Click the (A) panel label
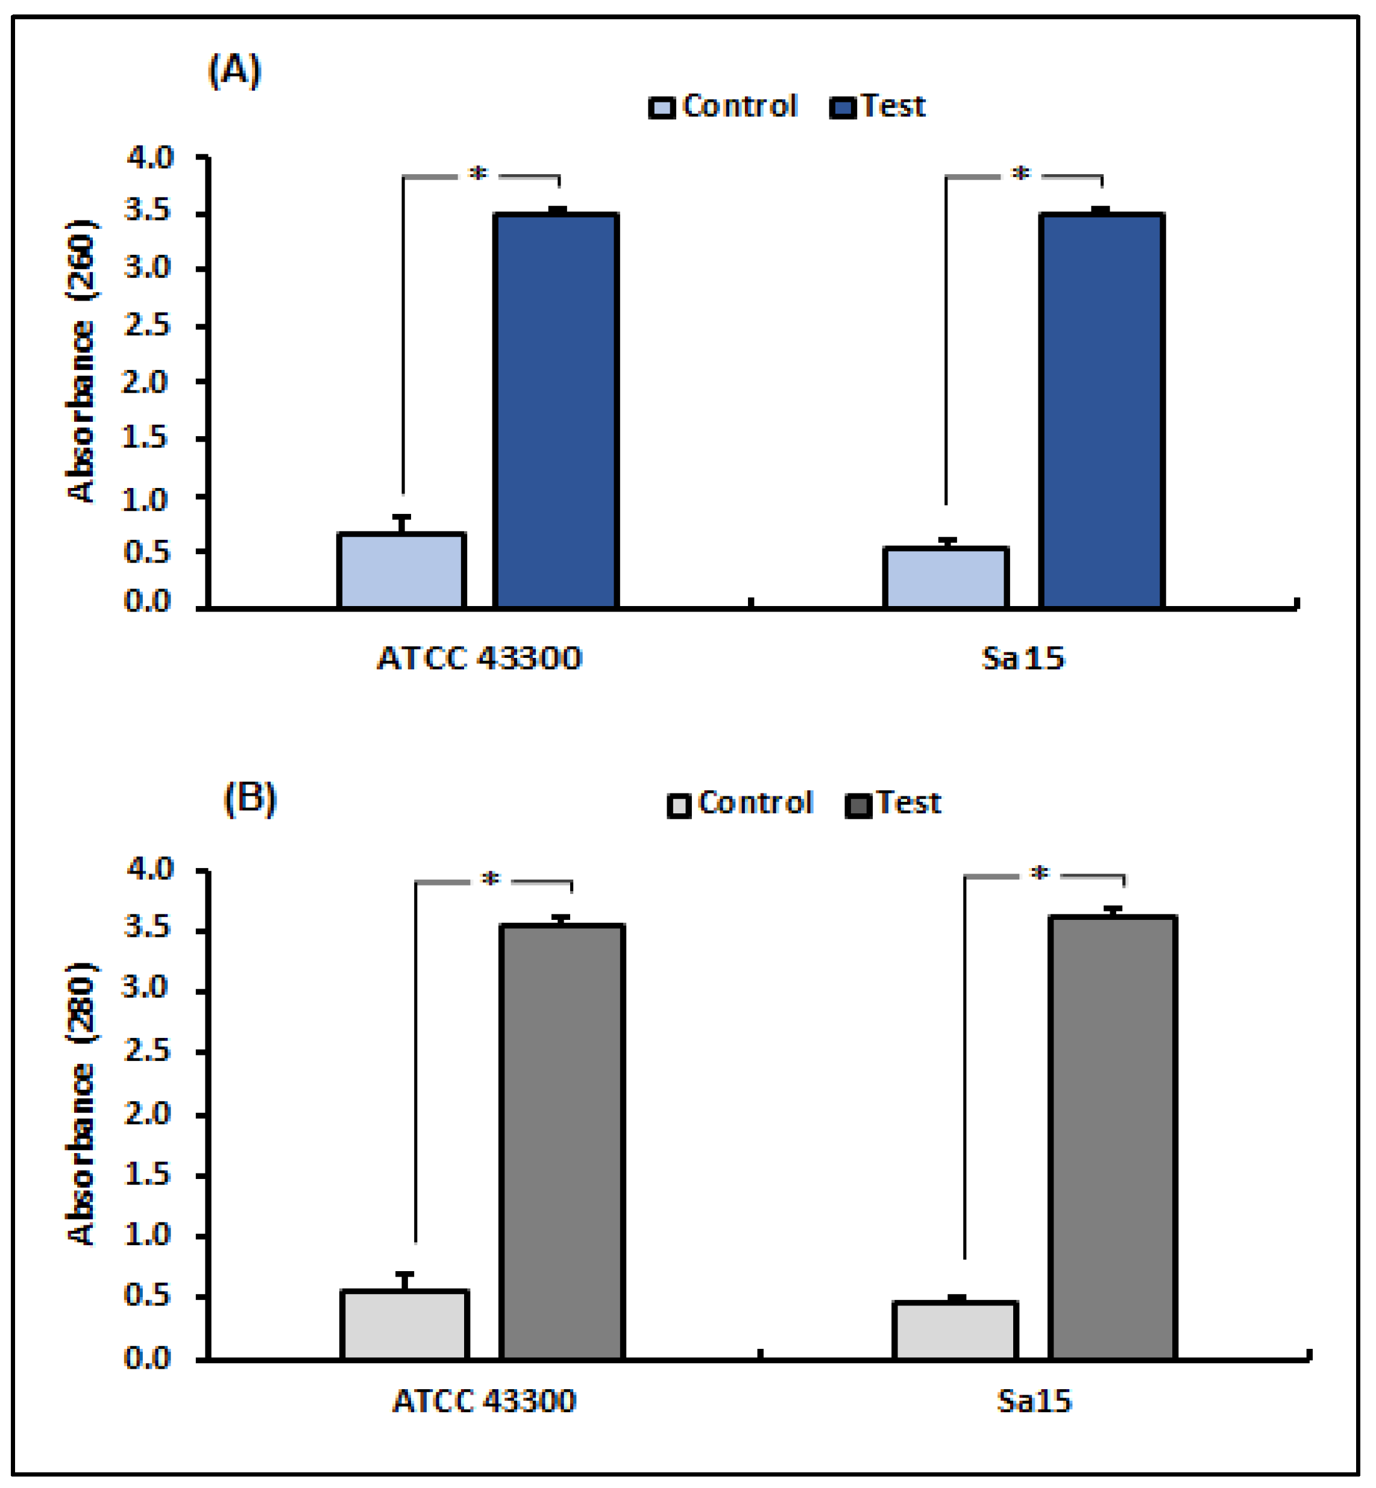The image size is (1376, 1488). click(234, 72)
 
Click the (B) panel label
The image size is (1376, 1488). click(250, 799)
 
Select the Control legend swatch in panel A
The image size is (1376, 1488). click(662, 108)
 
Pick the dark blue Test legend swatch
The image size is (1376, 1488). click(842, 108)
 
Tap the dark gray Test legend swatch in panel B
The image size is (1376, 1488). click(858, 805)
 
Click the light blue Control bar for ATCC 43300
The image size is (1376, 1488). click(401, 571)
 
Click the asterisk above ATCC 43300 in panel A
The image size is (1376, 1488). click(478, 174)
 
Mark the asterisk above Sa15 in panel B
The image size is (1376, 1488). click(1040, 873)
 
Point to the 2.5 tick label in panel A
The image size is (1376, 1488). click(148, 325)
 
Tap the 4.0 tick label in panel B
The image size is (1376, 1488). click(148, 869)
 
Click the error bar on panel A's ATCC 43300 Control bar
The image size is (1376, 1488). click(402, 524)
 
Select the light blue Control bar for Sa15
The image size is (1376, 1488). click(946, 578)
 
